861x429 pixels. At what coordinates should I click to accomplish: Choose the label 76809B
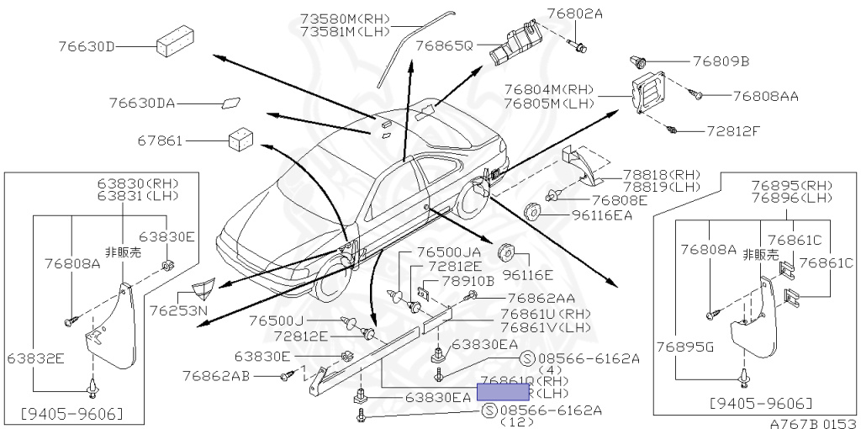(x=721, y=61)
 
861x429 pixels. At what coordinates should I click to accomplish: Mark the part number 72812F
(x=732, y=132)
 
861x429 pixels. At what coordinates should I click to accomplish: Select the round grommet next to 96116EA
(x=532, y=210)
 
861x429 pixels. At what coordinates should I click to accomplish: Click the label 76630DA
(x=141, y=103)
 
